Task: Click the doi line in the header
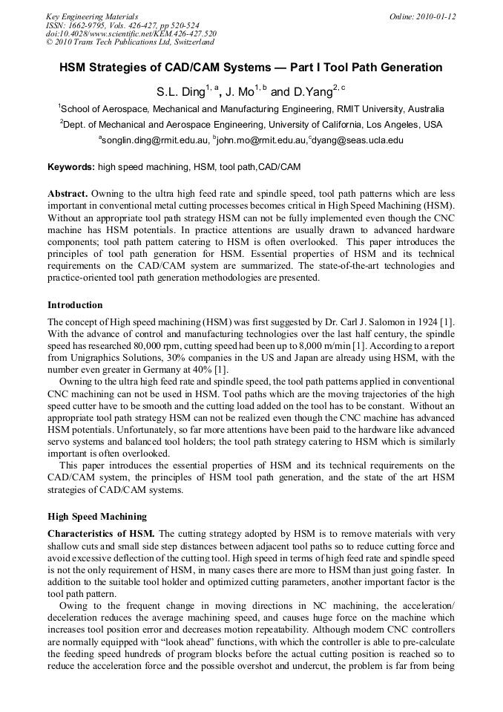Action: tap(131, 33)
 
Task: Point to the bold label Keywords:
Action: tap(70, 167)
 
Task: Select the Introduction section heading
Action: tap(75, 305)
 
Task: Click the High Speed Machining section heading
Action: tap(97, 517)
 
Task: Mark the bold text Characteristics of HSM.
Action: tap(101, 534)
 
